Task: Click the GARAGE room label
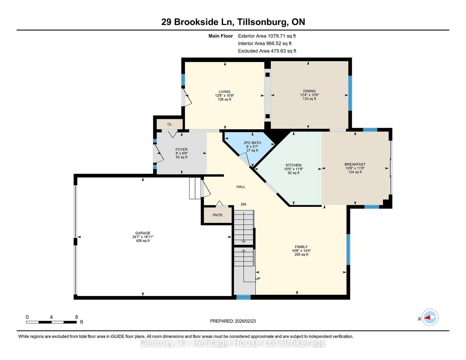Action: coord(143,233)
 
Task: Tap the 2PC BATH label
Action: coord(252,143)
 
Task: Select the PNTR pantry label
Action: coord(218,215)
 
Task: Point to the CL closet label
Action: coord(170,124)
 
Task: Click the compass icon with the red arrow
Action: coord(430,317)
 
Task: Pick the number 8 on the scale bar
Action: coord(76,317)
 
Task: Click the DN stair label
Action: coord(243,204)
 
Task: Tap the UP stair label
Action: coord(258,279)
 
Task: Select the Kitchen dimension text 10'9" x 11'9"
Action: coord(293,169)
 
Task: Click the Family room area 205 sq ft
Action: coord(301,255)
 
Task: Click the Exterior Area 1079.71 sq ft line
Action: coord(267,36)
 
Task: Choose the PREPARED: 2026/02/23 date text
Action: coord(233,321)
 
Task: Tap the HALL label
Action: coord(241,187)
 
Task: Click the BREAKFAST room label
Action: coord(355,164)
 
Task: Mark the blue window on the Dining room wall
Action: coord(350,93)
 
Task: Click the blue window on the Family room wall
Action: coord(348,250)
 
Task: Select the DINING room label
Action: coord(309,91)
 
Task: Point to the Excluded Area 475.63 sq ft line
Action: coord(267,51)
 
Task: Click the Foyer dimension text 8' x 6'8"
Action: coord(181,153)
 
